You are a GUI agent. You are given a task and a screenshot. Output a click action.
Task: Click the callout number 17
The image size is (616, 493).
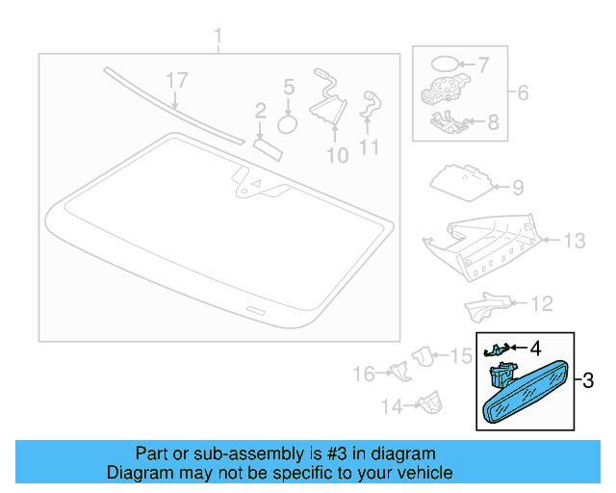tap(177, 80)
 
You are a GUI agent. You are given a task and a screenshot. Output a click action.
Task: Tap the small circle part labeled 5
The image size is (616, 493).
tap(287, 124)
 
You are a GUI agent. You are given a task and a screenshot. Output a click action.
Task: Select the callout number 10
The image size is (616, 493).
tap(338, 156)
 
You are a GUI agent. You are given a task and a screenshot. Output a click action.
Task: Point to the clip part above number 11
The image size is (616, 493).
tap(371, 105)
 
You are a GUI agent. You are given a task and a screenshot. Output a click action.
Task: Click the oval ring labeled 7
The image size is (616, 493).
tap(445, 64)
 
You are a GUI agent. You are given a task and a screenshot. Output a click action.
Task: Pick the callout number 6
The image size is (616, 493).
tap(523, 92)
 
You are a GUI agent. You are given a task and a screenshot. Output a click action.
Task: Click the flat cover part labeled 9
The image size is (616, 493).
tap(462, 183)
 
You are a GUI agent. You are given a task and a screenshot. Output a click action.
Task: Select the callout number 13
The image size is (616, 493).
tap(575, 241)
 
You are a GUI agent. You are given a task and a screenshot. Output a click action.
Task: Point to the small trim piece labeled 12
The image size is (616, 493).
tap(486, 307)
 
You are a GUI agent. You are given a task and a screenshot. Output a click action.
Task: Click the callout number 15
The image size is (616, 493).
tap(461, 356)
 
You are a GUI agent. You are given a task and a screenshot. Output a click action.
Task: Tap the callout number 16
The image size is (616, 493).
tap(364, 374)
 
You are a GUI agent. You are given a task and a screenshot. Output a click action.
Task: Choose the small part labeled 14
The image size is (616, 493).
tap(430, 402)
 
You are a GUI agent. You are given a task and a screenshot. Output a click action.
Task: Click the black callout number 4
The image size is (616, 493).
tap(535, 349)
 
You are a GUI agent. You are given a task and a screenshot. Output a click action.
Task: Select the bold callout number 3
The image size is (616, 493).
tap(588, 380)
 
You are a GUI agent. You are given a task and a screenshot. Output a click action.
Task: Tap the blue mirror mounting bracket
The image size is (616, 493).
tap(501, 375)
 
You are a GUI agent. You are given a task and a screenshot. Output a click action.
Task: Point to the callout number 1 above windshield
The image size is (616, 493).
tap(218, 37)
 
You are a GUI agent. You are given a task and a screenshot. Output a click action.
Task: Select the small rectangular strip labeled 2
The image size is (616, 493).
tap(268, 149)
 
